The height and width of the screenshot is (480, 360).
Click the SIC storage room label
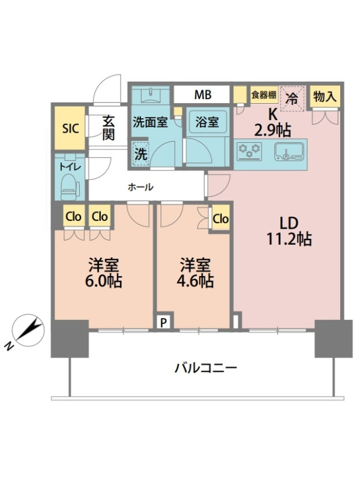tap(70, 128)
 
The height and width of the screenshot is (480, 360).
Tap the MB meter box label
tap(203, 95)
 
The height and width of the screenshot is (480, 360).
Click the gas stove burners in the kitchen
tap(250, 151)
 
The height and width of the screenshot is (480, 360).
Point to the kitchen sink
tap(289, 151)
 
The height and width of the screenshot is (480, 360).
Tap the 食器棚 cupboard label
tap(264, 95)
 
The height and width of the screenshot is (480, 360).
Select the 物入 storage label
tap(325, 97)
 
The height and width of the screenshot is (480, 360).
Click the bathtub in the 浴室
tap(207, 122)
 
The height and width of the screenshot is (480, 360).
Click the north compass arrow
tap(28, 331)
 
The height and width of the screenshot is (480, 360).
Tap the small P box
tap(164, 322)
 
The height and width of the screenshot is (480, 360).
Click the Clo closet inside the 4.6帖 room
tap(220, 218)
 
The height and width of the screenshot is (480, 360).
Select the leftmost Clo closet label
tap(73, 217)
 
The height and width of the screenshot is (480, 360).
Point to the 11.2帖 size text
tap(289, 239)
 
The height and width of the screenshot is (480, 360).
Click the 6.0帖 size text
tap(104, 281)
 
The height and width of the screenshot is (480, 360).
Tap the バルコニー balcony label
tap(206, 368)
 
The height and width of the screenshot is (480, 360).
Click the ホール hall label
tap(140, 187)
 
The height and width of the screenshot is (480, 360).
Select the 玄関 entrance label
tap(109, 128)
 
